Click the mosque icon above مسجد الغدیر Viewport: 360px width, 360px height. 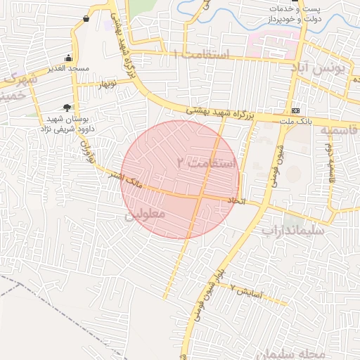point(68,58)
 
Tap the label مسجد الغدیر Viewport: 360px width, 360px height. point(68,69)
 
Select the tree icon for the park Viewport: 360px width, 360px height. point(67,108)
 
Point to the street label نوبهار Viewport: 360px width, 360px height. point(107,84)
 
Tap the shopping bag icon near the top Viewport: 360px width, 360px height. point(86,18)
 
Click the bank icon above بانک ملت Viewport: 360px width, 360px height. point(296,110)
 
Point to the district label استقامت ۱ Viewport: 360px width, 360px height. point(201,55)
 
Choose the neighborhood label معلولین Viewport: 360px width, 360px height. point(145,213)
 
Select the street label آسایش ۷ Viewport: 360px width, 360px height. point(246,290)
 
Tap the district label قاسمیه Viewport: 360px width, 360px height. point(339,131)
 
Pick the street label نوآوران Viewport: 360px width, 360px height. point(89,150)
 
